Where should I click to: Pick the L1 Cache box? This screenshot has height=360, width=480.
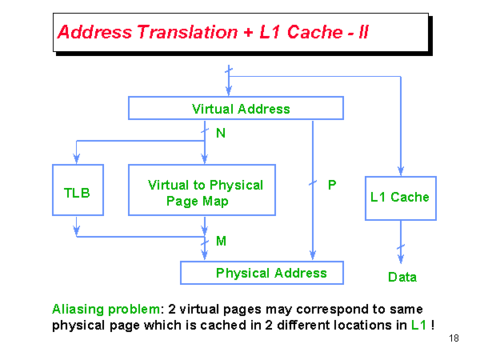click(400, 198)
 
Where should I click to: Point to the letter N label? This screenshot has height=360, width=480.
click(221, 134)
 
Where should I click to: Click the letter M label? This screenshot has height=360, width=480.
click(221, 241)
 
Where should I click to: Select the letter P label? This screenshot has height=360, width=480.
click(332, 185)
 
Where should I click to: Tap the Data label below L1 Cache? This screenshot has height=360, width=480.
click(402, 278)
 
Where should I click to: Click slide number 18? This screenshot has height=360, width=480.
click(454, 339)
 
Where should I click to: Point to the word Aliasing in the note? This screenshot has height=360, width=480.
click(78, 309)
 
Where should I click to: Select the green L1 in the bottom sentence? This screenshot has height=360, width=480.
click(418, 326)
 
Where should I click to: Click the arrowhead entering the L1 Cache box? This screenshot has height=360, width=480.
click(401, 171)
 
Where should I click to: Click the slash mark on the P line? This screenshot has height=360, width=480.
click(313, 185)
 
